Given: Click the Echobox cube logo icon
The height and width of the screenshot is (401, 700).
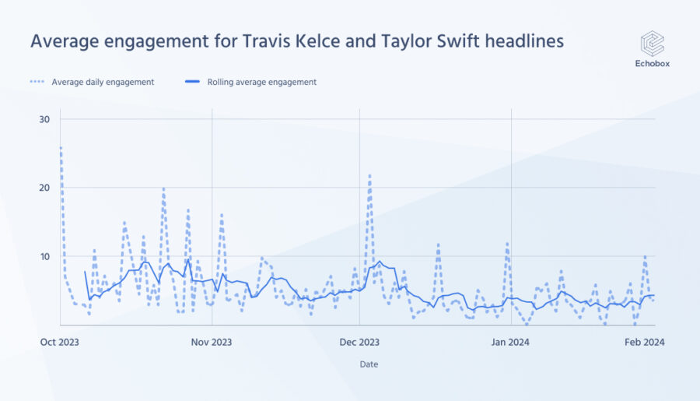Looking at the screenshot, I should [652, 44].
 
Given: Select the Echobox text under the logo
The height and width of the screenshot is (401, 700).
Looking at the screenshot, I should [652, 64].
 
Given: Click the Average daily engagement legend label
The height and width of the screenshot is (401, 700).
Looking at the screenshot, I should [103, 82].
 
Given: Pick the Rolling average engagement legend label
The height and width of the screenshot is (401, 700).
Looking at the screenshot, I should [261, 82].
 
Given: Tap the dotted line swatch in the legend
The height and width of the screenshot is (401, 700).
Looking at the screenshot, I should [38, 82].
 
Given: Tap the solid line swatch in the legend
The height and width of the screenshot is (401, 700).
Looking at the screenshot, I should [193, 82].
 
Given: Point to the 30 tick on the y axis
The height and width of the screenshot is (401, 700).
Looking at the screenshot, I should [44, 119].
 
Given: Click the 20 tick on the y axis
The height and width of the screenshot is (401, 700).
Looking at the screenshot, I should [44, 188].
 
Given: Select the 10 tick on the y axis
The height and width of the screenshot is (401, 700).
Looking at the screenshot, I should [44, 256].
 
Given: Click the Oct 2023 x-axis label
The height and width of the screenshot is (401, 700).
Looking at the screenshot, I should [59, 341].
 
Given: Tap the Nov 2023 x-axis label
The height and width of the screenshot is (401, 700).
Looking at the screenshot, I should [212, 341].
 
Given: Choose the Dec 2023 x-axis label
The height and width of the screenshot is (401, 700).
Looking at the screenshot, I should [359, 341].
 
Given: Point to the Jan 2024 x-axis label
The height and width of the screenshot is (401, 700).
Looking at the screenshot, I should [510, 341].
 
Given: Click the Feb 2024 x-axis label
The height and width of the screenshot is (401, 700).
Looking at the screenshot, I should [646, 341].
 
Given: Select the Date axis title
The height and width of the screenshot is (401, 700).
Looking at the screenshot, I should [369, 364].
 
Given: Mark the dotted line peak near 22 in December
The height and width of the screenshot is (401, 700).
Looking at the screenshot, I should [369, 175].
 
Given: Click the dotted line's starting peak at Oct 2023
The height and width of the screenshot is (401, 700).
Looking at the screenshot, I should [61, 147].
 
